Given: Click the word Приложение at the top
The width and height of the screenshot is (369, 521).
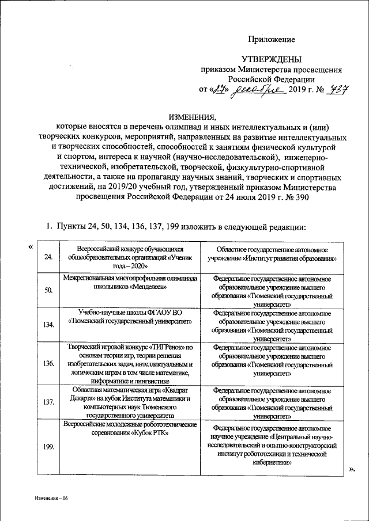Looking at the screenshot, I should click(x=271, y=39).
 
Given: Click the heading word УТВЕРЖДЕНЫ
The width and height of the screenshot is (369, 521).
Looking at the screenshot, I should click(x=270, y=59).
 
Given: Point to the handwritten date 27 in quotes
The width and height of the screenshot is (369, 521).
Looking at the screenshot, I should click(x=215, y=90).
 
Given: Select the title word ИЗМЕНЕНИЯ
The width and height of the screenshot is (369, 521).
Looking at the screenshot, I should click(x=192, y=114).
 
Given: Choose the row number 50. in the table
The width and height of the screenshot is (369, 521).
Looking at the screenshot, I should click(x=48, y=290).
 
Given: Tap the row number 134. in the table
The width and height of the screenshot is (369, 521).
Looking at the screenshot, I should click(x=50, y=325).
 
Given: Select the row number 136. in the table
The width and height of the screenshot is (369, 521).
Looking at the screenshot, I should click(x=49, y=364).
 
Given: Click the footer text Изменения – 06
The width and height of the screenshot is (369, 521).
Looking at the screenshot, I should click(x=50, y=498).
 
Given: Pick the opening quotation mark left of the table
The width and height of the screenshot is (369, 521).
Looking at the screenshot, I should click(x=30, y=247).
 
